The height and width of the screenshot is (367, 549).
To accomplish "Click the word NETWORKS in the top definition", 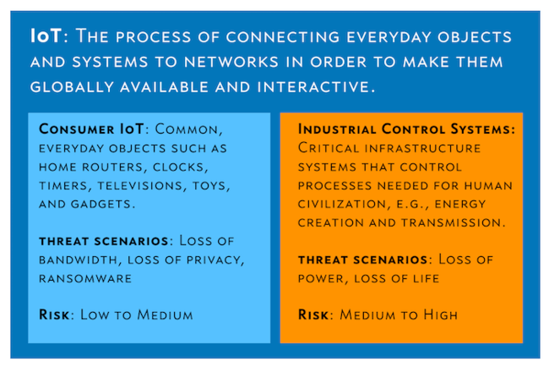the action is pyautogui.click(x=231, y=62).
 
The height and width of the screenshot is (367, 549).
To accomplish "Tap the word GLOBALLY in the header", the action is pyautogui.click(x=72, y=87).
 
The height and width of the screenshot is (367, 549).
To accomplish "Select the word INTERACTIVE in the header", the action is pyautogui.click(x=313, y=87).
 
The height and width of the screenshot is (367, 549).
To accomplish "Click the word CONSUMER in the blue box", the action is pyautogui.click(x=77, y=129).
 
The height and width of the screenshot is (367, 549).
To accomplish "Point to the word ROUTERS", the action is pyautogui.click(x=113, y=167).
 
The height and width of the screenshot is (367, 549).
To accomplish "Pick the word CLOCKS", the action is pyautogui.click(x=179, y=167).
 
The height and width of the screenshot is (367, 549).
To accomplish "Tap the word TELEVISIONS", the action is pyautogui.click(x=140, y=186).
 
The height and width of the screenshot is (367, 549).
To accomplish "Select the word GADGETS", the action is pyautogui.click(x=101, y=205).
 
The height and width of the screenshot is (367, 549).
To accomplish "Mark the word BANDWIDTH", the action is pyautogui.click(x=79, y=260).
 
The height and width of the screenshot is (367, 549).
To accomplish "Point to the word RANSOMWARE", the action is pyautogui.click(x=85, y=279).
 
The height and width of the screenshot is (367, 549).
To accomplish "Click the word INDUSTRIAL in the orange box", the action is pyautogui.click(x=337, y=129).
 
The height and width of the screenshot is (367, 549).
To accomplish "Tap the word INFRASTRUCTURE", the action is pyautogui.click(x=422, y=148).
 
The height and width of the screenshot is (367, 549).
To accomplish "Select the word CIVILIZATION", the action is pyautogui.click(x=342, y=205).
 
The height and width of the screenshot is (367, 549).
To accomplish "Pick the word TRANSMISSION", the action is pyautogui.click(x=452, y=223).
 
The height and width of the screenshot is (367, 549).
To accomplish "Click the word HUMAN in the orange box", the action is pyautogui.click(x=488, y=186).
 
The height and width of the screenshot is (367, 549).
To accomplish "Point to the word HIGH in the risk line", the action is pyautogui.click(x=440, y=315).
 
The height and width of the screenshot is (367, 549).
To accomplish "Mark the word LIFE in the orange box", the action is pyautogui.click(x=426, y=279).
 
